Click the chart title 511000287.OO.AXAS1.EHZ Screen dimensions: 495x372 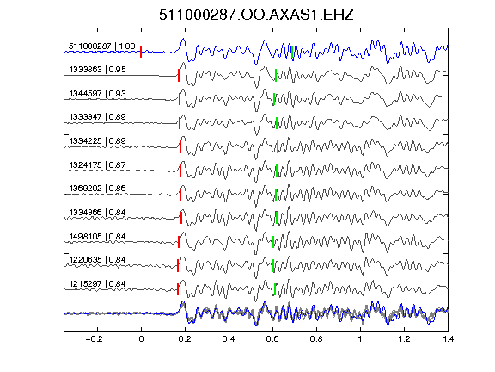pos(256,15)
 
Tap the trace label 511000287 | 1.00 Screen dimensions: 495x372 pos(102,46)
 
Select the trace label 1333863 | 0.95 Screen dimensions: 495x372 pos(97,69)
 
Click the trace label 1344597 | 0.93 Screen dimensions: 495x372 pos(97,94)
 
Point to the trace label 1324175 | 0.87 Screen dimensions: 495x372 pos(97,165)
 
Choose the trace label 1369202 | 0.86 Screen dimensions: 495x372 pos(97,189)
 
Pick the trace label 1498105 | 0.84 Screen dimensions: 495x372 pos(97,237)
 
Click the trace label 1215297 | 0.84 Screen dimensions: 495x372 pos(97,284)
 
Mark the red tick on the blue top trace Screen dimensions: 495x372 pos(141,52)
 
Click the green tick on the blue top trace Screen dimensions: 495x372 pos(292,52)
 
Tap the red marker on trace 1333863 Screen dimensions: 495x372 pos(179,76)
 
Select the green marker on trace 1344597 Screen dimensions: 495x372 pos(274,99)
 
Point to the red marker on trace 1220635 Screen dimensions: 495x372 pos(178,265)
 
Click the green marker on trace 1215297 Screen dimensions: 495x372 pos(275,289)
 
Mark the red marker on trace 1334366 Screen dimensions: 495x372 pos(181,218)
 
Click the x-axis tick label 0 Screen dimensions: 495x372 pos(141,339)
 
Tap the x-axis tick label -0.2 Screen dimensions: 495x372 pos(94,339)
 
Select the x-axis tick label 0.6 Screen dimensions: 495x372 pos(272,339)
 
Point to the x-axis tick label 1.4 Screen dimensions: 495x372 pos(448,339)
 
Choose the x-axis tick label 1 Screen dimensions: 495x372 pos(360,339)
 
